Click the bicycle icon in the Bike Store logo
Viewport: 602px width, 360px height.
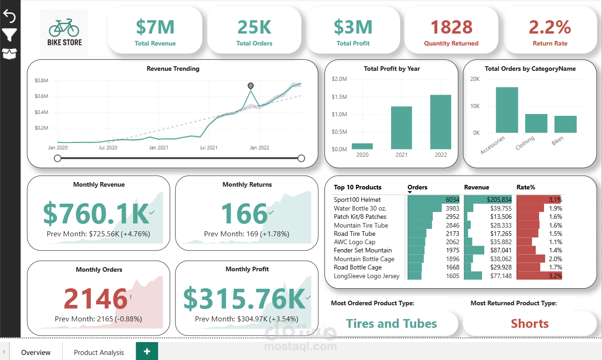(x=64, y=28)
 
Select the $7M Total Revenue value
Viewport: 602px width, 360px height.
(x=155, y=27)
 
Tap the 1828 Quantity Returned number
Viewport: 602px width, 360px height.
(x=451, y=27)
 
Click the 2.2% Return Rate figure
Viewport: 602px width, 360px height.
(x=550, y=27)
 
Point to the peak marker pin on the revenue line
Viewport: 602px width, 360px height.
(x=250, y=86)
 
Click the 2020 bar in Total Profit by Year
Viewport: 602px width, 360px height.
(x=362, y=146)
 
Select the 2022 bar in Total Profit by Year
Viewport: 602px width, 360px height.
(x=440, y=122)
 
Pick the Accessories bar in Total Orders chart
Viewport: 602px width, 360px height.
(x=506, y=110)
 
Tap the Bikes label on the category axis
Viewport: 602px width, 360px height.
(x=557, y=141)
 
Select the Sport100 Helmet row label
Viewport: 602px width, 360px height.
(x=357, y=200)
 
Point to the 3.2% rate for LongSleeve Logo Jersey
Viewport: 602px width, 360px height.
(x=555, y=276)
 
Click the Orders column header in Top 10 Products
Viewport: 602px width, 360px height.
(x=417, y=187)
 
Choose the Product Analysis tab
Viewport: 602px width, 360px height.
(x=99, y=352)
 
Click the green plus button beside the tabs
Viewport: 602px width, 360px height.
(x=147, y=351)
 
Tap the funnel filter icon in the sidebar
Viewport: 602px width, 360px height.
(x=10, y=34)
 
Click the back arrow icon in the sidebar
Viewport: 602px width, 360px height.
(x=10, y=16)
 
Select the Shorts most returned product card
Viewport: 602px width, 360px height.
(x=529, y=324)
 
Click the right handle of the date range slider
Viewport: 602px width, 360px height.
(x=301, y=158)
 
